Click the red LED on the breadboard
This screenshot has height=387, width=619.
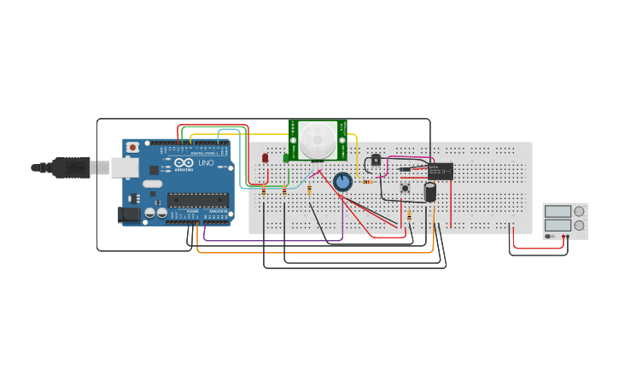click(265, 157)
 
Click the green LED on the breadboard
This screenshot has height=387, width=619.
click(286, 157)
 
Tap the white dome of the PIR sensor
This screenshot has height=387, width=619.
click(318, 139)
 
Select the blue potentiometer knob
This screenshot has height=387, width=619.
click(342, 182)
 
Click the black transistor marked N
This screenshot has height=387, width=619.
click(376, 160)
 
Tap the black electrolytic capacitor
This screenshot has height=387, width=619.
click(430, 192)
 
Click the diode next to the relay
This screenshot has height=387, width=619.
click(407, 169)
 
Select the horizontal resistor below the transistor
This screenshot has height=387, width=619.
click(368, 181)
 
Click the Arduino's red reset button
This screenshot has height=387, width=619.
click(132, 147)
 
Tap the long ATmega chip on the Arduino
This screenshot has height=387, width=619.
click(197, 201)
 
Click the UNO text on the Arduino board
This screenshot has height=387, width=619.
click(206, 162)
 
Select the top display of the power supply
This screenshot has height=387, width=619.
click(558, 211)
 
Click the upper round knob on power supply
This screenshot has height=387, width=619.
click(579, 211)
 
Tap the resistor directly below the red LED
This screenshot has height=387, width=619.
click(264, 191)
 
